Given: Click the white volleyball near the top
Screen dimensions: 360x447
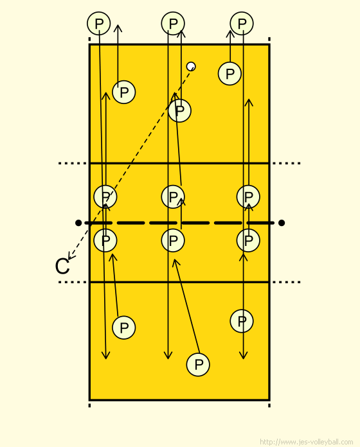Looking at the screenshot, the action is pyautogui.click(x=191, y=66).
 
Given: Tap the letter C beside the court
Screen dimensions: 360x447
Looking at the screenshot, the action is pyautogui.click(x=62, y=267).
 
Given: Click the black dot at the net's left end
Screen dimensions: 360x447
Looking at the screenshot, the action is pyautogui.click(x=78, y=223).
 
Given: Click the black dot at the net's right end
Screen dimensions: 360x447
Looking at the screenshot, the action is pyautogui.click(x=282, y=223).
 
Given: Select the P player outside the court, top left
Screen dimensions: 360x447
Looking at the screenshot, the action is pyautogui.click(x=99, y=23).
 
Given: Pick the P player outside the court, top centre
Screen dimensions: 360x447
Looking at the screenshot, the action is pyautogui.click(x=173, y=23).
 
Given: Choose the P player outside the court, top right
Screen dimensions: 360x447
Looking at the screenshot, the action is pyautogui.click(x=242, y=23).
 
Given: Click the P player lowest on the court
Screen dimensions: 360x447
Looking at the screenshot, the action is pyautogui.click(x=198, y=365).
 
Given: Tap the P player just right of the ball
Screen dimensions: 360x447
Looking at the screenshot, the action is pyautogui.click(x=230, y=74).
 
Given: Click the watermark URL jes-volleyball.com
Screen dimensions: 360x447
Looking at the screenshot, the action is pyautogui.click(x=307, y=442).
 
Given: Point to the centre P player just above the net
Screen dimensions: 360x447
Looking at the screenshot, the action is pyautogui.click(x=173, y=197).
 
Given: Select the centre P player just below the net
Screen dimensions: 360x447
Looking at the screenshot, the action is pyautogui.click(x=173, y=241).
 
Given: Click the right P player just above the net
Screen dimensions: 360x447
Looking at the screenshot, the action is pyautogui.click(x=248, y=197).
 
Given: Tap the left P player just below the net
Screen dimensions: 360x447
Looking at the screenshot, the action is pyautogui.click(x=105, y=241).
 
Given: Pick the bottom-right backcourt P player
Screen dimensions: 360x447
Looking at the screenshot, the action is pyautogui.click(x=242, y=321).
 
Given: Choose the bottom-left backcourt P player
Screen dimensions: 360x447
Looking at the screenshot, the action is pyautogui.click(x=124, y=328).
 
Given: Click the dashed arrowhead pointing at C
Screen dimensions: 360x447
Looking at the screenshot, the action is pyautogui.click(x=70, y=256).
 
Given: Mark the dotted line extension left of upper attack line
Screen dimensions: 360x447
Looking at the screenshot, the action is pyautogui.click(x=73, y=163).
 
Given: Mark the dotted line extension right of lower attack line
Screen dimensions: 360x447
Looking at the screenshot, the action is pyautogui.click(x=287, y=282).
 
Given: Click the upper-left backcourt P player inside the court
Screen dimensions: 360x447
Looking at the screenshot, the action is pyautogui.click(x=124, y=92).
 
